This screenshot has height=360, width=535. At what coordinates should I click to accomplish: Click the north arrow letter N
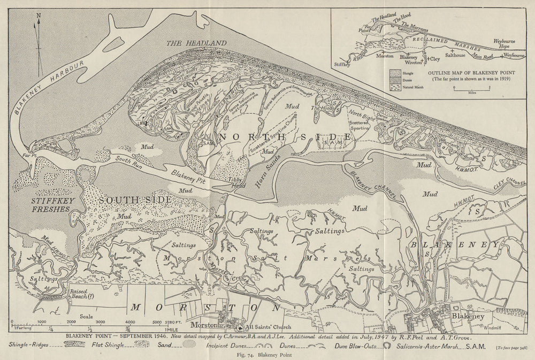(x=38, y=16)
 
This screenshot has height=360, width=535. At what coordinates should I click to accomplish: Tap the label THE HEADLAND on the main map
(x=196, y=43)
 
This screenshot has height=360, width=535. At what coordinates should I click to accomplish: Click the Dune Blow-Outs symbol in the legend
(x=387, y=346)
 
